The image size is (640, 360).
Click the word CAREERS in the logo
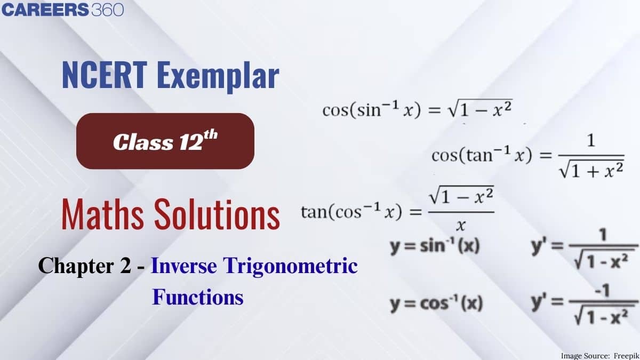(x=45, y=10)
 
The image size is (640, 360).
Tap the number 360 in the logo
(x=108, y=10)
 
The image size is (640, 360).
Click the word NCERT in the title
(x=105, y=75)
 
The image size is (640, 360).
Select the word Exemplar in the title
(x=218, y=77)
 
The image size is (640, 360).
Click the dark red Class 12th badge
(x=165, y=141)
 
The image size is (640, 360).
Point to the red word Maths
(x=102, y=214)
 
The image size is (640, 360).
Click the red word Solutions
(x=217, y=214)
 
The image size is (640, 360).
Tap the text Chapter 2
(x=85, y=266)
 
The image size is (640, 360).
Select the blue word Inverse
(x=183, y=266)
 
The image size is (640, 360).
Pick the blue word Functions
(x=198, y=297)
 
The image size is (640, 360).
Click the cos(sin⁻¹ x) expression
(x=371, y=110)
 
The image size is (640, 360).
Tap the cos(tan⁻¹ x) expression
(x=482, y=155)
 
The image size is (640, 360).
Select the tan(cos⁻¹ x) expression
(x=351, y=212)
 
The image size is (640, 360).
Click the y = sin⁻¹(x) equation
(x=435, y=246)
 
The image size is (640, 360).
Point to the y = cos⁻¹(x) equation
(x=436, y=303)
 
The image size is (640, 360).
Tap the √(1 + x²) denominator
(x=591, y=171)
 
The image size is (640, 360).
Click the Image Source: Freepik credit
(x=599, y=356)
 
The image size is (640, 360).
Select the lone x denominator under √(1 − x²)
(x=461, y=226)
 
